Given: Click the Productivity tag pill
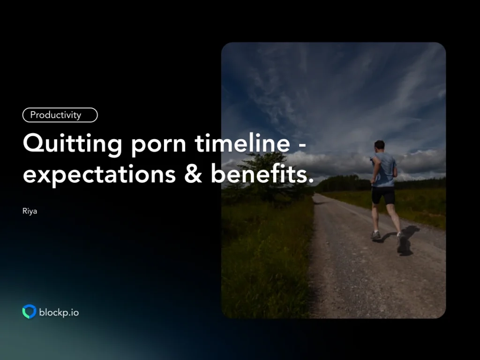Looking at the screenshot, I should click(x=60, y=115).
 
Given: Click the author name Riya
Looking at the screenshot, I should click(x=30, y=211).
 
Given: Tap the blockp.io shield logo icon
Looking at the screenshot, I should click(x=29, y=312).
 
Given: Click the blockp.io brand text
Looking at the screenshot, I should click(x=59, y=312).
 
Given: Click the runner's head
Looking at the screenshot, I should click(x=379, y=145).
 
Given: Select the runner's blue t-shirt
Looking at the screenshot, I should click(x=385, y=170).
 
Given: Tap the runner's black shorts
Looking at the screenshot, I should click(x=383, y=195).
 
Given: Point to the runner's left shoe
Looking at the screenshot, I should click(x=376, y=235).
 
